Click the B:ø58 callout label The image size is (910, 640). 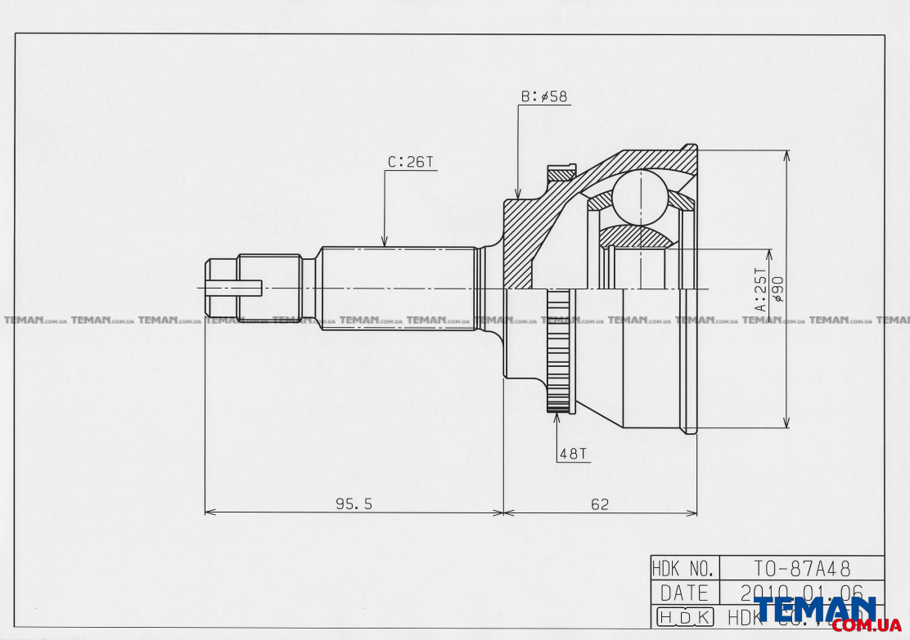[544, 96]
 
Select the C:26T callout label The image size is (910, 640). [410, 162]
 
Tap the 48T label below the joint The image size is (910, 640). [573, 454]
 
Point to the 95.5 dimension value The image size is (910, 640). [354, 504]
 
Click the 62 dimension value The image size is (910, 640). [600, 504]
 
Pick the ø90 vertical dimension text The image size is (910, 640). [777, 289]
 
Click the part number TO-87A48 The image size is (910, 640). [801, 567]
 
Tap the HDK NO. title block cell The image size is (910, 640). [684, 567]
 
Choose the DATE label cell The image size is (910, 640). [684, 592]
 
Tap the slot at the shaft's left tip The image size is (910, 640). [233, 288]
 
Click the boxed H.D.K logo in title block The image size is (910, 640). [684, 617]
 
